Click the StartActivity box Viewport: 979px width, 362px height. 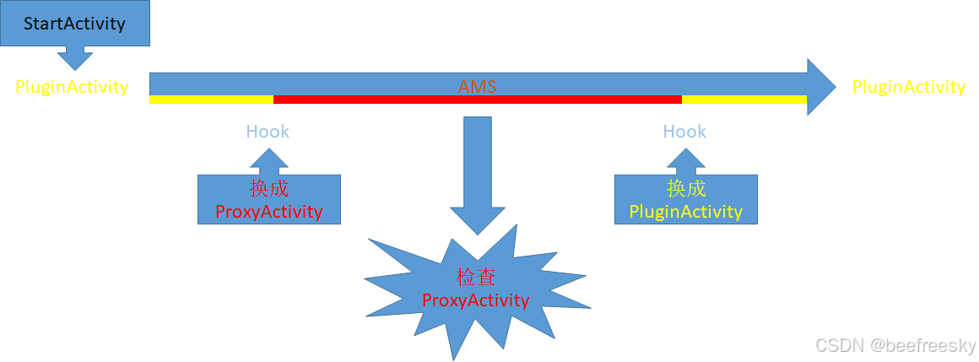pos(74,23)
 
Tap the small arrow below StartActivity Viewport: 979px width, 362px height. pos(75,57)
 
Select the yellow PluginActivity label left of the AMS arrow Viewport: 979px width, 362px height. pos(72,86)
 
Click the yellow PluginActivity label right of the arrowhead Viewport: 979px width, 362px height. pos(908,86)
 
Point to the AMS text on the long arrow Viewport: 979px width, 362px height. pos(477,86)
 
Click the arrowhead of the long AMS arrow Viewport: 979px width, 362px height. pos(819,86)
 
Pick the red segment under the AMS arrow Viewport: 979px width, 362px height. pos(477,100)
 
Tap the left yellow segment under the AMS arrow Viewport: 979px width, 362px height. pos(211,100)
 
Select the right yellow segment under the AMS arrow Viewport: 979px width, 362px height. pos(743,100)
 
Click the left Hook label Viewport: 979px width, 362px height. pos(268,132)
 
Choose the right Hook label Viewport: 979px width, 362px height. pos(684,132)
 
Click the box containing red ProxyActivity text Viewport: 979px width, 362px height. pos(268,200)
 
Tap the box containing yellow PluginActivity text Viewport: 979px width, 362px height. pos(685,200)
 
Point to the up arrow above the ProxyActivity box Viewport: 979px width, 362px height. pos(268,161)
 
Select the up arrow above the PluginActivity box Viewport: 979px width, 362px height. pos(685,161)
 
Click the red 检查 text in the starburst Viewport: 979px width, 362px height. pos(476,277)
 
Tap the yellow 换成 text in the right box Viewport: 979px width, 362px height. pos(685,188)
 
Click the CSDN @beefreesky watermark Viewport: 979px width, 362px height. pos(895,345)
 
